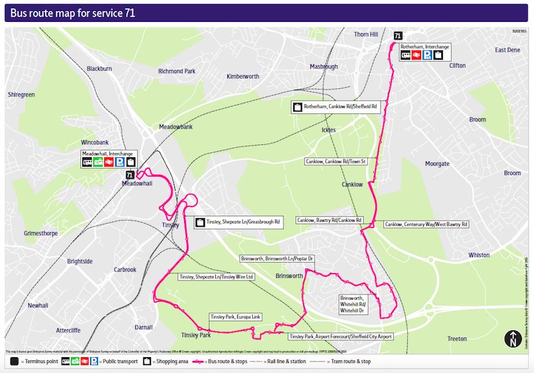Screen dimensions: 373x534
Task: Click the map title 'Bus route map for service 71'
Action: coord(73,13)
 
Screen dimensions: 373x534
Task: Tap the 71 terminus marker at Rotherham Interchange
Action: coord(397,36)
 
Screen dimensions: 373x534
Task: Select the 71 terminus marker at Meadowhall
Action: coord(129,175)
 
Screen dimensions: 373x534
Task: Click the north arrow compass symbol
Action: coord(511,338)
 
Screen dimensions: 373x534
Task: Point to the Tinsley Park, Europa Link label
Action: coord(235,317)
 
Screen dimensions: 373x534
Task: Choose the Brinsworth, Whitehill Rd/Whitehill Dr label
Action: coord(353,303)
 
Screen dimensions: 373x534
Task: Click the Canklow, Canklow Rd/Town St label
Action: coord(335,162)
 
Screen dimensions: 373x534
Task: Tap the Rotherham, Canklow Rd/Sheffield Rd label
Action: coord(336,107)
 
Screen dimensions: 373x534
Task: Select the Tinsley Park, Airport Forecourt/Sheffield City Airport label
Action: coord(340,336)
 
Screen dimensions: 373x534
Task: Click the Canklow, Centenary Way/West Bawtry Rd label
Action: coord(426,224)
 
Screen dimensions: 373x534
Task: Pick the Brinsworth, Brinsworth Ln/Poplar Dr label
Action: coord(277,258)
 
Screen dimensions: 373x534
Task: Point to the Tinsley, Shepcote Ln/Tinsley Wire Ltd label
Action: coord(216,277)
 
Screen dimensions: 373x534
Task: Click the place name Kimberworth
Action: coord(243,76)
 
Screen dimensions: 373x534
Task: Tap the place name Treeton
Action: coord(457,339)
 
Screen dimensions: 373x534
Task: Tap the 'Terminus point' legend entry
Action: coord(38,362)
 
